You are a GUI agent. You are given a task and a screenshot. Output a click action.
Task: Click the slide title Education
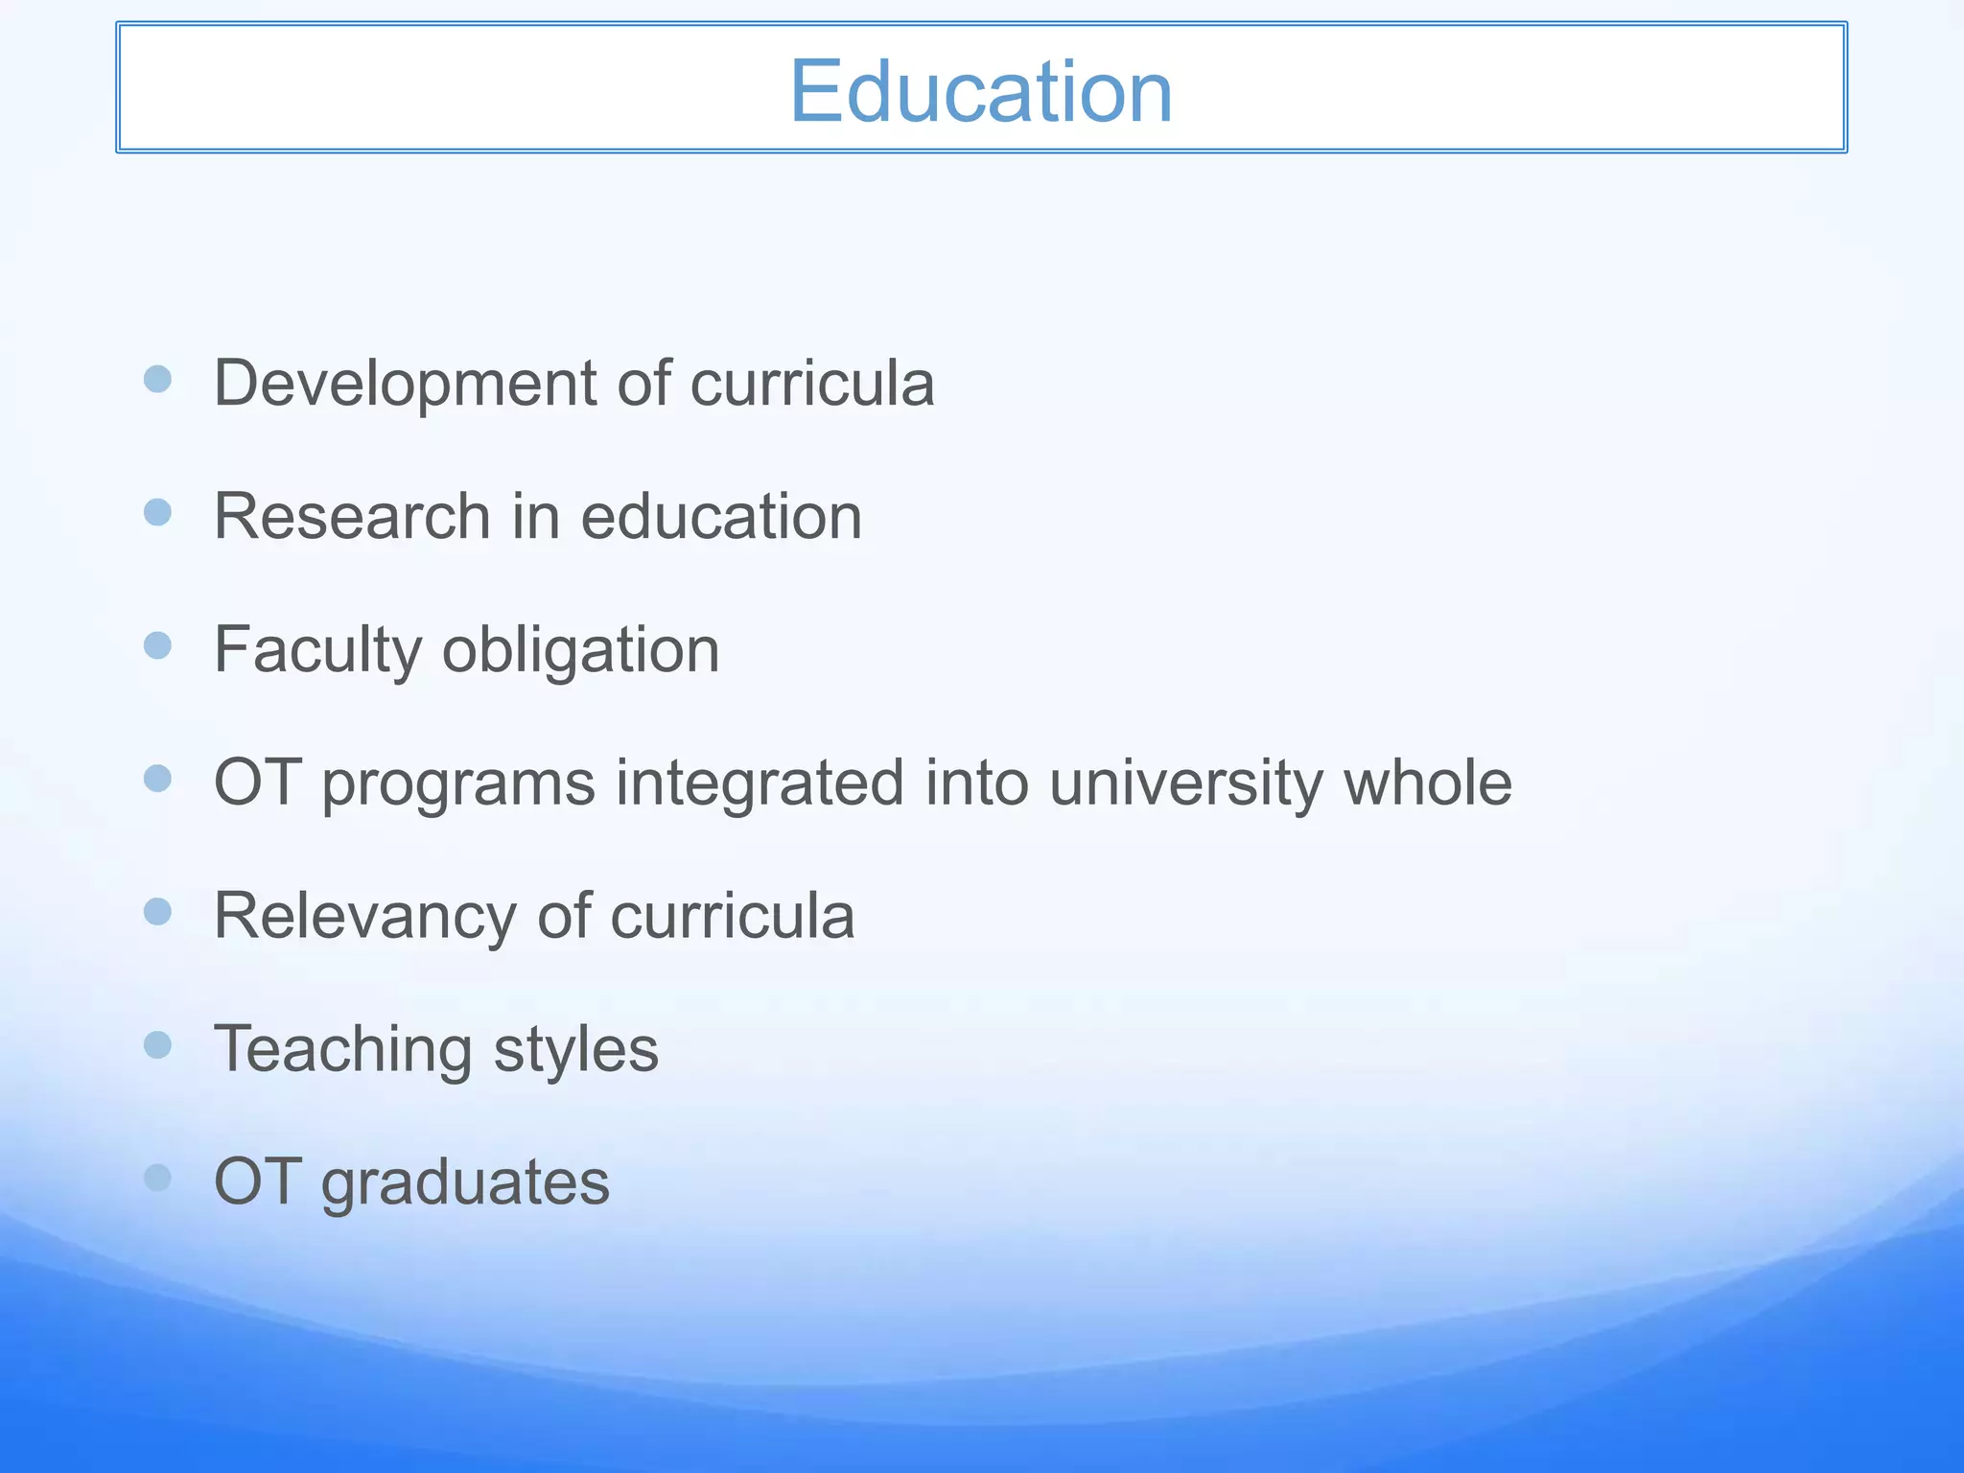tap(980, 91)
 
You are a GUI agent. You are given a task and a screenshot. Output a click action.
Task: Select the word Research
tap(352, 516)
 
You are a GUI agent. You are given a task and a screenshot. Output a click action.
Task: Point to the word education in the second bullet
tap(721, 516)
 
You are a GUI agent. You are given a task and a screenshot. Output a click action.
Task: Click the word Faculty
tap(317, 650)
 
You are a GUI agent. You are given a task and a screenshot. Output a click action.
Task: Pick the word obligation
tap(580, 650)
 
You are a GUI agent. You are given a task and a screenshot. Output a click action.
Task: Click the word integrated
tap(760, 783)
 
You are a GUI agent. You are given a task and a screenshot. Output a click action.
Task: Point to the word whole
tap(1427, 783)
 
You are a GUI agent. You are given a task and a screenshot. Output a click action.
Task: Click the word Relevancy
tap(364, 916)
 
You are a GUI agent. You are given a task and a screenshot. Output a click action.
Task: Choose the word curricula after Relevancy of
tap(732, 916)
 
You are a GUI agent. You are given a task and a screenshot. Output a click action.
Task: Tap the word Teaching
tap(342, 1049)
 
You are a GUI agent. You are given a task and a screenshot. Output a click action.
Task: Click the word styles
tap(575, 1049)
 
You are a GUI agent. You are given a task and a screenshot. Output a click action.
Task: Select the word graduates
tap(465, 1182)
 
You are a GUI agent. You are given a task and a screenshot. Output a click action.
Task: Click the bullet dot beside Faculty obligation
tap(157, 645)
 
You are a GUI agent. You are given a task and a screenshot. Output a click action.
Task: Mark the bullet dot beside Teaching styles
tap(157, 1044)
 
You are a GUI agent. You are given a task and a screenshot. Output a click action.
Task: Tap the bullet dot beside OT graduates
tap(157, 1177)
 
